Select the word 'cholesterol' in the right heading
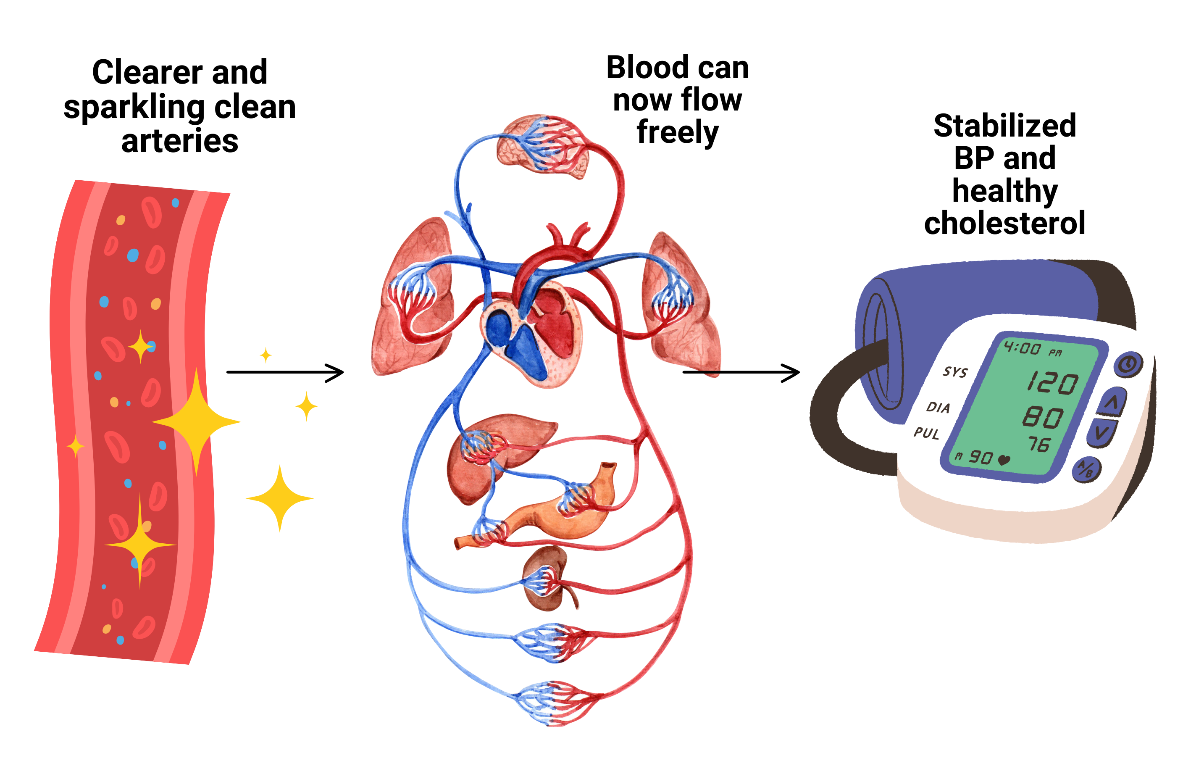coord(1004,223)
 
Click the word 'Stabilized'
coord(1004,125)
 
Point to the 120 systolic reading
coord(1053,382)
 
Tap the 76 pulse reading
coord(1038,443)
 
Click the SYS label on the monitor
coord(955,371)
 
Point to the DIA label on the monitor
coord(938,408)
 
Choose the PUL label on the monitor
coord(926,433)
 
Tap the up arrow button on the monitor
coord(1112,402)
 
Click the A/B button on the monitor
coord(1086,470)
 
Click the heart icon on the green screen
coord(1004,460)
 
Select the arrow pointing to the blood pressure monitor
coord(741,372)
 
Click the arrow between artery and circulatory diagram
coord(285,372)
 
